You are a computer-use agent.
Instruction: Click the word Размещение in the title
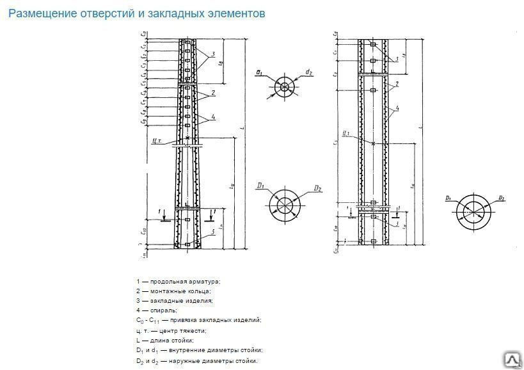click(40, 13)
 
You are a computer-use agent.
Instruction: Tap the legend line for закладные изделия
click(174, 300)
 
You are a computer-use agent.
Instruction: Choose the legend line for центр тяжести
click(171, 330)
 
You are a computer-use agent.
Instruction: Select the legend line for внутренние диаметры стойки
click(199, 350)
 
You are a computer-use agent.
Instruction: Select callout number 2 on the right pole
click(397, 83)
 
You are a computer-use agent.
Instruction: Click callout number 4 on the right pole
click(397, 109)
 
